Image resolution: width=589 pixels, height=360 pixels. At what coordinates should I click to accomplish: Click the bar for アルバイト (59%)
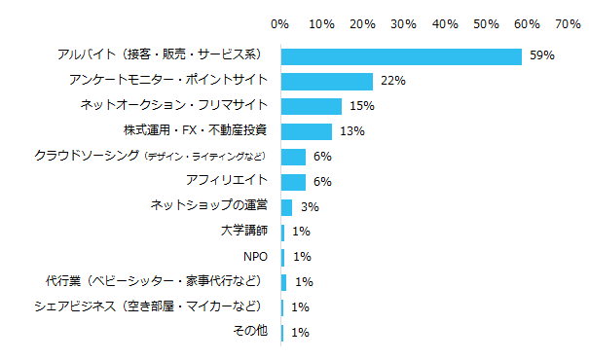click(x=401, y=56)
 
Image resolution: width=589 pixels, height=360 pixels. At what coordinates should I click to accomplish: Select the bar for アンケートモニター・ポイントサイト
click(x=326, y=82)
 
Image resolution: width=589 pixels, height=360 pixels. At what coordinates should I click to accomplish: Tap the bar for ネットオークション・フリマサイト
click(x=312, y=106)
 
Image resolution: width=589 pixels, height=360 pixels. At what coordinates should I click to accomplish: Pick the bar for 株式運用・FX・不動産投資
click(x=307, y=131)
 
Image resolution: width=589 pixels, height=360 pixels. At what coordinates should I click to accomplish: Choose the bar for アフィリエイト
click(x=293, y=182)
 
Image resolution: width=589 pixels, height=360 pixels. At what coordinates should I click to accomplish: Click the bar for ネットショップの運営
click(x=287, y=206)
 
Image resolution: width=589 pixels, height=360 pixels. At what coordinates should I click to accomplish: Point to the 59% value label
click(x=541, y=56)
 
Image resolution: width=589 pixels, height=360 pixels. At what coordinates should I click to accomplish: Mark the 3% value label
click(x=310, y=206)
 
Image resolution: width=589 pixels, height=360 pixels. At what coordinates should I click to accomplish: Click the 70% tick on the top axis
click(x=568, y=21)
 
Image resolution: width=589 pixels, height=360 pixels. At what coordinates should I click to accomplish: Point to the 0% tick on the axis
click(x=280, y=21)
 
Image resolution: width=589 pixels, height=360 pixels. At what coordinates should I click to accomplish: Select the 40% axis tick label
click(x=445, y=21)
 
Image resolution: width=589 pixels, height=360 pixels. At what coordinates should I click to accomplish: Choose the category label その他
click(x=250, y=332)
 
